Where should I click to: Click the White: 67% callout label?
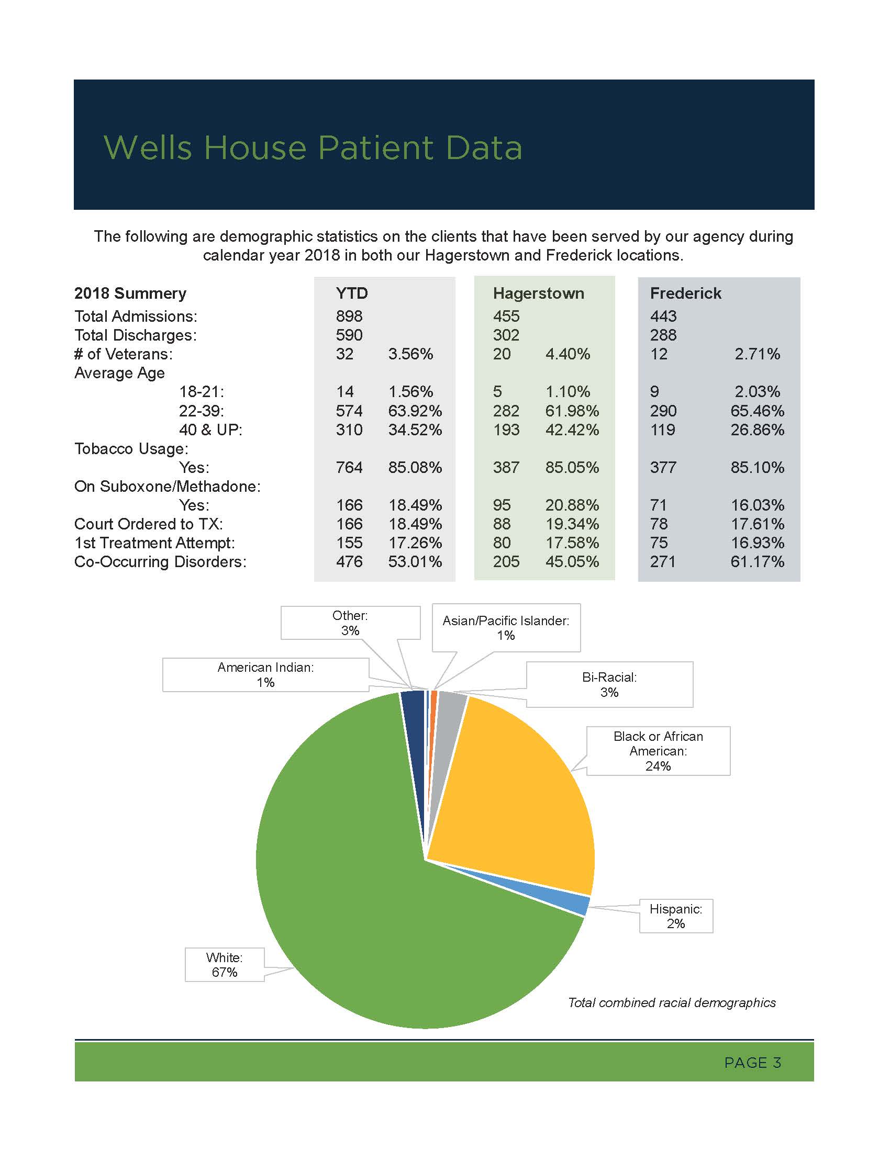(x=224, y=964)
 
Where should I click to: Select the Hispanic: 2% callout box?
(x=676, y=916)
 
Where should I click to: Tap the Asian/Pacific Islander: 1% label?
(x=506, y=628)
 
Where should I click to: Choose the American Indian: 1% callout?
(x=266, y=674)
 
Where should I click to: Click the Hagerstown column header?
(x=538, y=293)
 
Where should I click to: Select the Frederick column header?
(x=685, y=293)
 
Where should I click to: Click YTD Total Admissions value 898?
(x=349, y=316)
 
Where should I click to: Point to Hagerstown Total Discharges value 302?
(x=506, y=335)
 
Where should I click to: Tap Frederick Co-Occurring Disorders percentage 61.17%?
(x=757, y=562)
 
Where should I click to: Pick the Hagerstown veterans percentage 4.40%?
(x=568, y=354)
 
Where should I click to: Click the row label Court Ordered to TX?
(x=149, y=524)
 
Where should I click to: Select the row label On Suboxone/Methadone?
(x=168, y=486)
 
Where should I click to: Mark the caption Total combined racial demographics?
(x=672, y=1002)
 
